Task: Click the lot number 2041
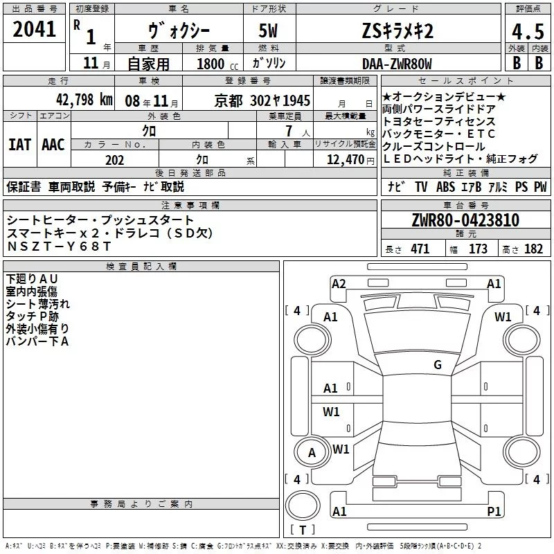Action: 34,29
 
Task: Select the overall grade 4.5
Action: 528,31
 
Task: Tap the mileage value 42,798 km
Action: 84,100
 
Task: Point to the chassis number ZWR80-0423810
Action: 465,220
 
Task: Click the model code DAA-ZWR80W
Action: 397,64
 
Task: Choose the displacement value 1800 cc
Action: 217,64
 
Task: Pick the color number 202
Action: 114,160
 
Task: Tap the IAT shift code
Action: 19,145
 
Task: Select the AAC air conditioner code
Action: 53,145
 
